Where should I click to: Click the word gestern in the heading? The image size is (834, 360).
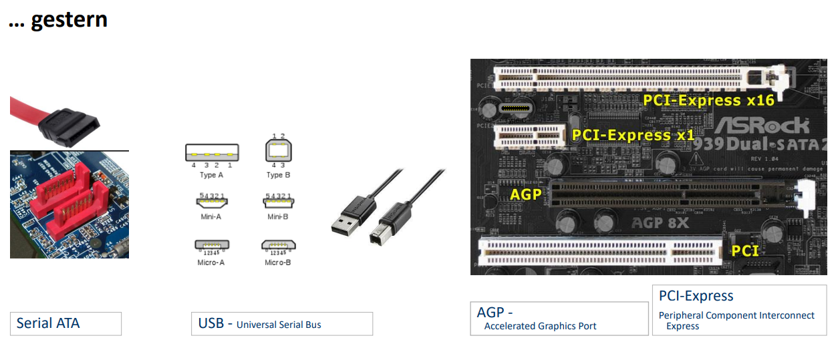coord(69,19)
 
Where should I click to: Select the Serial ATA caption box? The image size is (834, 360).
coord(65,323)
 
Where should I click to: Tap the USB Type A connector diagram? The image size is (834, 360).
coord(212,153)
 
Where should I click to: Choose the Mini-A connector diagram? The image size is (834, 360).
coord(211,201)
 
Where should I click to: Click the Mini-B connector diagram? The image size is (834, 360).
coord(279,201)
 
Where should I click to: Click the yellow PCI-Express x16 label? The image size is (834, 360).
coord(708,100)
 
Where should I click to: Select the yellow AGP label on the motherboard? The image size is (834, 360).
coord(525,194)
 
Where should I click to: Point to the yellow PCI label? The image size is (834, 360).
coord(745,250)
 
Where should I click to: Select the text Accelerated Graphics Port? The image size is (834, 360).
coord(540,326)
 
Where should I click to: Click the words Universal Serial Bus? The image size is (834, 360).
coord(279,325)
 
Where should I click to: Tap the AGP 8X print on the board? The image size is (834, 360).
coord(660,222)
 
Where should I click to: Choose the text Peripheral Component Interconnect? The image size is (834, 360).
coord(736,315)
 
